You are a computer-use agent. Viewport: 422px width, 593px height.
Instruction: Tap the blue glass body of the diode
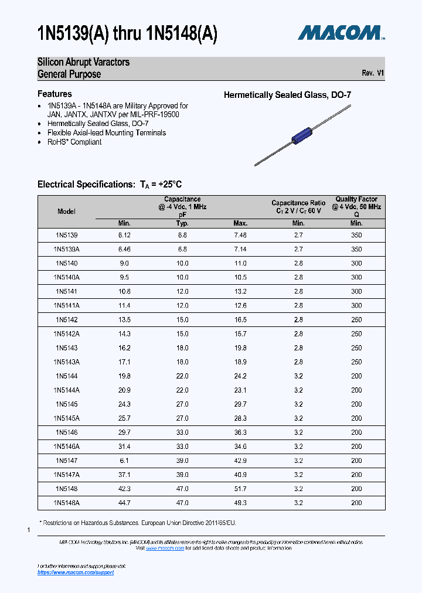click(302, 134)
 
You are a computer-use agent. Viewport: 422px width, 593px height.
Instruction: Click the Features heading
click(55, 94)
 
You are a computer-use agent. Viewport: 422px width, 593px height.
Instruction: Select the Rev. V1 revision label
click(373, 73)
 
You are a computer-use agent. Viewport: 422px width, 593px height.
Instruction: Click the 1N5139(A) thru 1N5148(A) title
click(127, 33)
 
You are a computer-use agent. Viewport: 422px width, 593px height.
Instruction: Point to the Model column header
click(67, 212)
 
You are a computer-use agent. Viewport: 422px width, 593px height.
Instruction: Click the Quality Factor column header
click(356, 207)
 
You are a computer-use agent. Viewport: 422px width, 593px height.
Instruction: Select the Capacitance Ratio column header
click(298, 207)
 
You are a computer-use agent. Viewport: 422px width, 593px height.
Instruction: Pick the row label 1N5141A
click(67, 305)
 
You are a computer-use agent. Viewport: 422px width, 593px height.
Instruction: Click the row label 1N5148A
click(67, 503)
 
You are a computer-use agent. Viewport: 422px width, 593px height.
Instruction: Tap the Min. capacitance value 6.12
click(124, 235)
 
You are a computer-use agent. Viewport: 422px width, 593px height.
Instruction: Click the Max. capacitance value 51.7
click(240, 489)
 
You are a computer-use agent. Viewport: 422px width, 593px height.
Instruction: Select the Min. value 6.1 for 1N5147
click(124, 461)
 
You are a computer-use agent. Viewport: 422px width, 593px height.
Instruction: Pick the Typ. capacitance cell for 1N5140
click(182, 263)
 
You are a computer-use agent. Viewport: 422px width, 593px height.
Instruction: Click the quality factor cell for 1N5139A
click(356, 249)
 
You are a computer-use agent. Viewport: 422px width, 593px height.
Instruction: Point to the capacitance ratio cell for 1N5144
click(298, 376)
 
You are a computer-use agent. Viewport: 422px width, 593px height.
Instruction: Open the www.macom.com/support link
click(76, 572)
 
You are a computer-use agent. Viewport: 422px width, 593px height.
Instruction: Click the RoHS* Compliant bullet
click(74, 142)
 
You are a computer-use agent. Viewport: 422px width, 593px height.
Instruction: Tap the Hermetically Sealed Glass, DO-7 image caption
click(287, 95)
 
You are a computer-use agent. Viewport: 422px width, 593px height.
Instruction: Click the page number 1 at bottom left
click(29, 530)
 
